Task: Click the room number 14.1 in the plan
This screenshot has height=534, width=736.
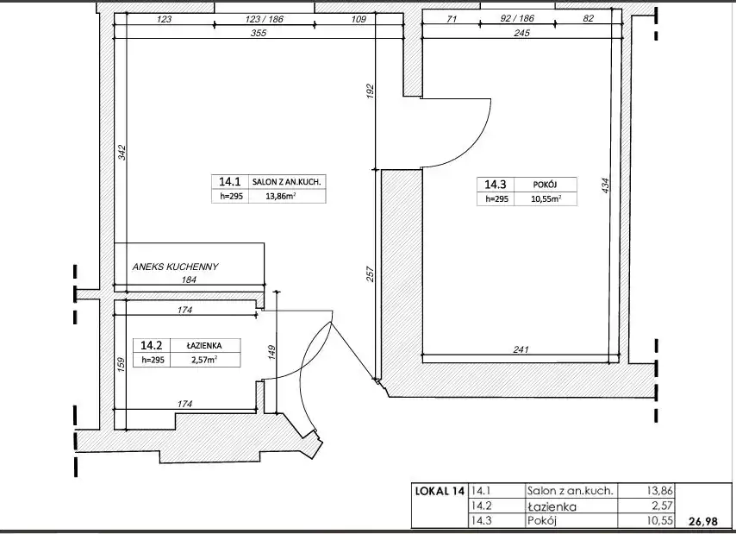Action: click(229, 182)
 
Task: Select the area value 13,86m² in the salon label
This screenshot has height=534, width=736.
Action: click(281, 197)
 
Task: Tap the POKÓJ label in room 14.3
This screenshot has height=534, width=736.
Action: click(545, 185)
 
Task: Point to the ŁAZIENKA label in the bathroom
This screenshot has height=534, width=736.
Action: click(203, 345)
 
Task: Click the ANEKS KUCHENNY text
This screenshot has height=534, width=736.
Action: click(176, 267)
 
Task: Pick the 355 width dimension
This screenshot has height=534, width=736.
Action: click(259, 33)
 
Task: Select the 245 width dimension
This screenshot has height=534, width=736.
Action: click(521, 33)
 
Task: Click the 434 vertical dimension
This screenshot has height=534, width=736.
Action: click(606, 185)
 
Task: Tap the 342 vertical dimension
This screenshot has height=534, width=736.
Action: click(122, 153)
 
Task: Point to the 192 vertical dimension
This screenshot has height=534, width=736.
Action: click(370, 91)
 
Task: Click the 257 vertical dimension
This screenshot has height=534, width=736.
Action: click(370, 274)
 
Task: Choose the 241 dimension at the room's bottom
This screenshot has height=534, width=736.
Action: click(521, 349)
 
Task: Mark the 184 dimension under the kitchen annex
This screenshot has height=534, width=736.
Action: click(188, 280)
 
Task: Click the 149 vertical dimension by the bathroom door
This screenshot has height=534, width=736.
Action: click(271, 352)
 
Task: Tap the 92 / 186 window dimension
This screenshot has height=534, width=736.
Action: click(517, 18)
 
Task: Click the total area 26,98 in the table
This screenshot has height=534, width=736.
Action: click(703, 521)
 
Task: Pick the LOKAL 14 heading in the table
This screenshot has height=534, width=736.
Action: click(440, 491)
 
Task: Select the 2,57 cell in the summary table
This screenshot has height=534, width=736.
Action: click(662, 506)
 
